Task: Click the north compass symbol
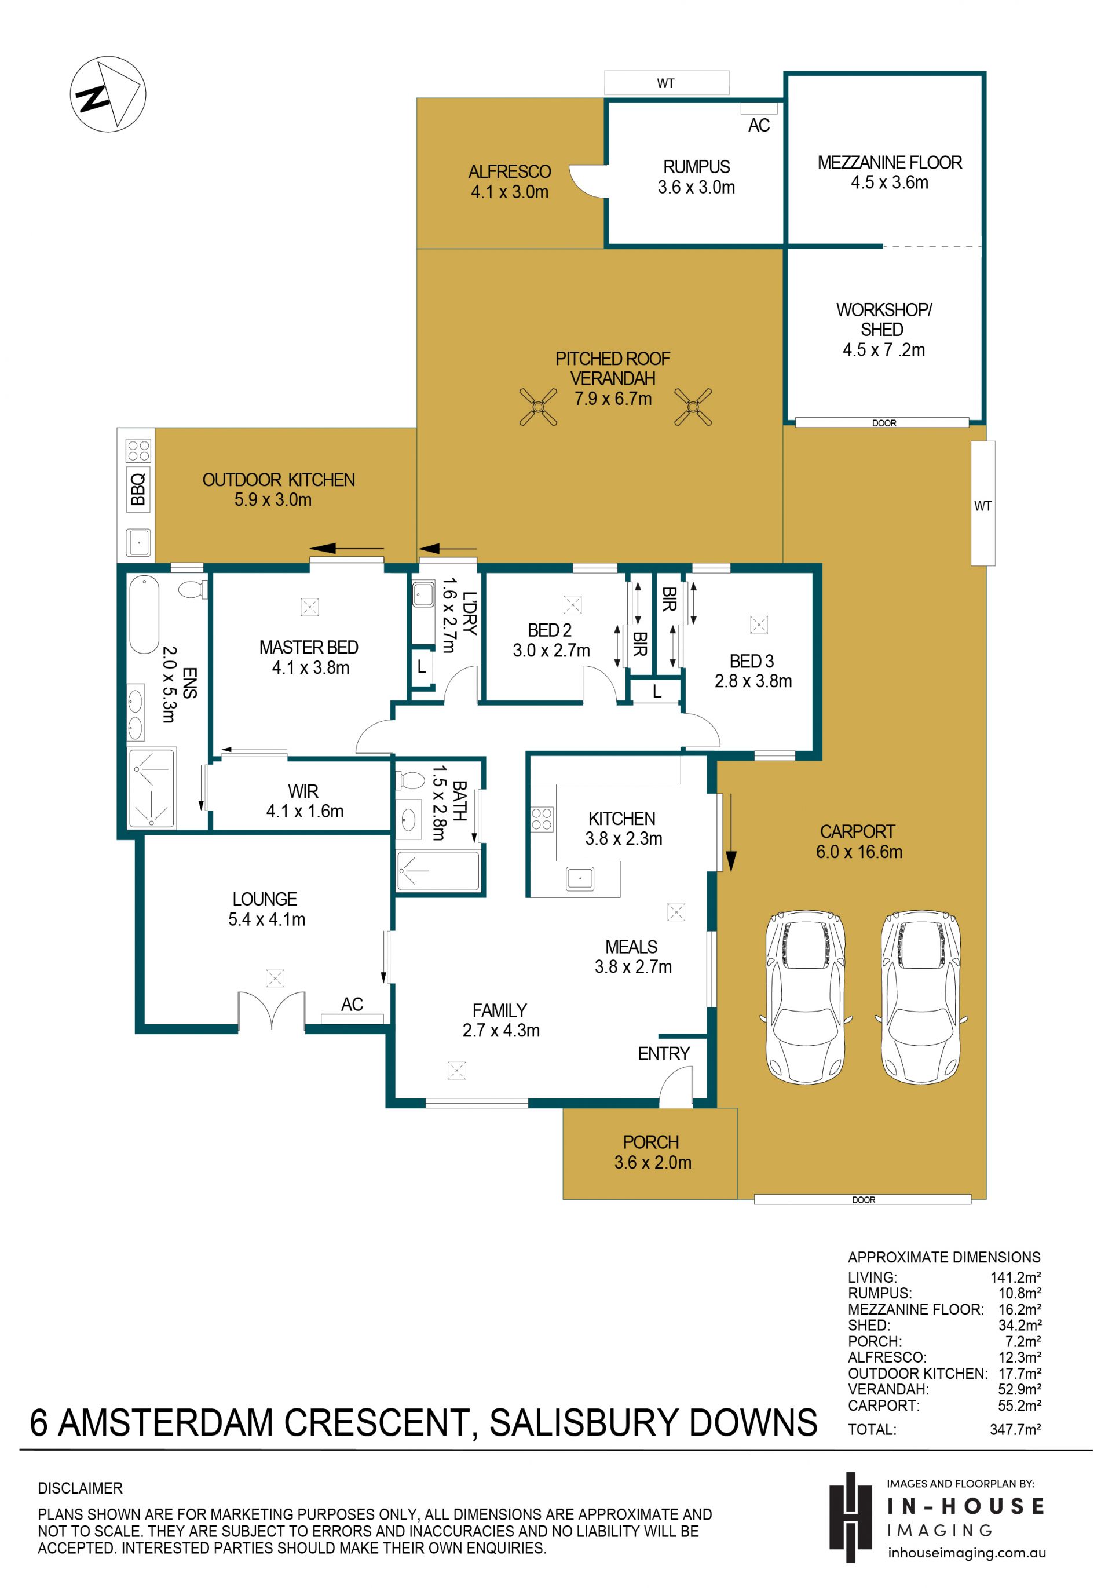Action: click(x=107, y=93)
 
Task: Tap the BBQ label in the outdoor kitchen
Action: click(x=138, y=488)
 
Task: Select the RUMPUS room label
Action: click(x=696, y=167)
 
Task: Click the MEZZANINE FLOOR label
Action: click(x=890, y=163)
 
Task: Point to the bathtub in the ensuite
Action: click(x=144, y=614)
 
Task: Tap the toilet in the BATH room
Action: click(x=410, y=780)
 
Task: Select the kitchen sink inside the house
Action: click(x=580, y=878)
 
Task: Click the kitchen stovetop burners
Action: click(x=542, y=819)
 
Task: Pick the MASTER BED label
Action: click(x=309, y=647)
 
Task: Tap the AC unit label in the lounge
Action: click(x=352, y=1003)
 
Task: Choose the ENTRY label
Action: click(x=663, y=1053)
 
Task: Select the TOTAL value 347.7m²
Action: click(x=1015, y=1429)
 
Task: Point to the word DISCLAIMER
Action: click(x=81, y=1488)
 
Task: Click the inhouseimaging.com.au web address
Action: click(x=966, y=1552)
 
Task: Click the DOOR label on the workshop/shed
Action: click(x=883, y=422)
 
